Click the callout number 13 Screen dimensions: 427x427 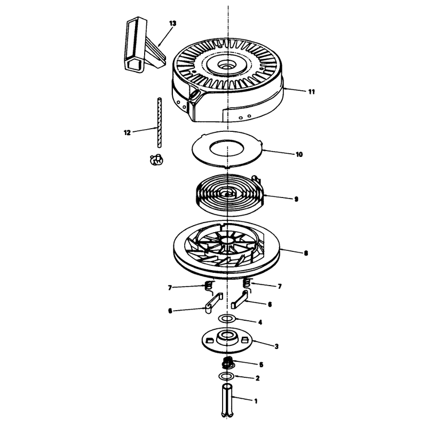coord(172,23)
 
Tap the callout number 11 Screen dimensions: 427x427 coord(312,92)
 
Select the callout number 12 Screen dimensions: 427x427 coord(127,133)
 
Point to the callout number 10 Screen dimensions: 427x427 coord(299,154)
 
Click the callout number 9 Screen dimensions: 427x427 coord(296,199)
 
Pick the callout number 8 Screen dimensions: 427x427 coord(306,253)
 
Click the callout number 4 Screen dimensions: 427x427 coord(260,322)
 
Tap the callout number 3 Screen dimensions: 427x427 coord(276,346)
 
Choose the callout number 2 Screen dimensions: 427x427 coord(257,378)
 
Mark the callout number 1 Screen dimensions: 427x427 coord(256,401)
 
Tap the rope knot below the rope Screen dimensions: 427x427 coord(156,159)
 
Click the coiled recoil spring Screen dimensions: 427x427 coord(230,195)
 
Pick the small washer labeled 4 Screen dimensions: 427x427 coord(227,318)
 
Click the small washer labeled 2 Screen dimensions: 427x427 coord(226,376)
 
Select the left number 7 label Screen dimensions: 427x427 coord(170,288)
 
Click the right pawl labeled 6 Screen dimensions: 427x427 coord(240,299)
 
